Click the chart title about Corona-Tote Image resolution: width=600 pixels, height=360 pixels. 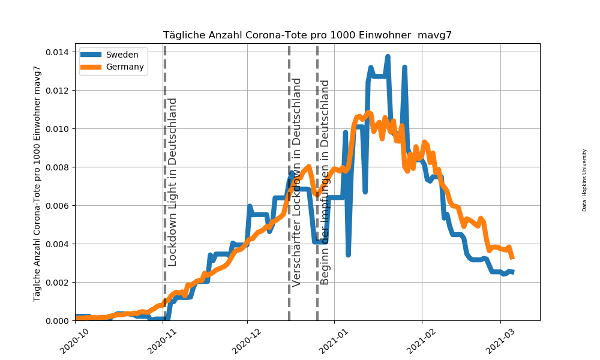point(307,35)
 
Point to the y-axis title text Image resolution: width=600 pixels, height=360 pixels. point(37,183)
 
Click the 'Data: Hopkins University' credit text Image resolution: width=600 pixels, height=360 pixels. point(584,180)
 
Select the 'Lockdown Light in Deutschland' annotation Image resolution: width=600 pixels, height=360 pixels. point(172,181)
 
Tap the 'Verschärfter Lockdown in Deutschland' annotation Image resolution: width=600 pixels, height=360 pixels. point(296,182)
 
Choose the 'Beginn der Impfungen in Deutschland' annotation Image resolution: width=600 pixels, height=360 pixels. point(325,182)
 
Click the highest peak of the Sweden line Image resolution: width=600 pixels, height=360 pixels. point(388,57)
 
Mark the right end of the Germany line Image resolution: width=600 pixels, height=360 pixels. point(512,257)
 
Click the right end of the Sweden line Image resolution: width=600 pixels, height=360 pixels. point(512,272)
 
